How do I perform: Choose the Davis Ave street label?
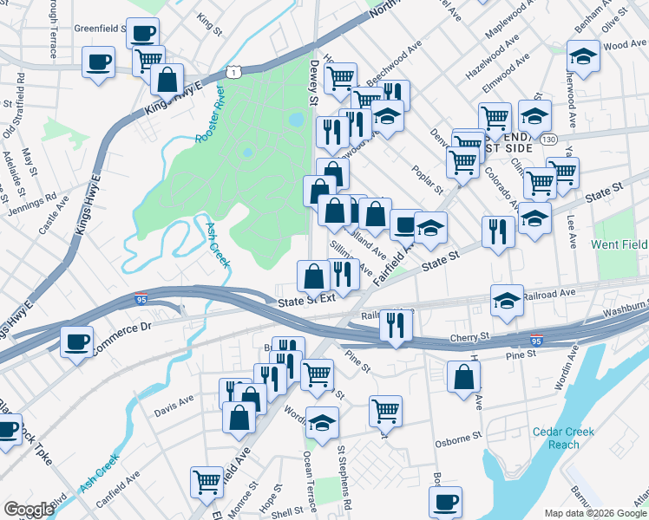tap(174, 402)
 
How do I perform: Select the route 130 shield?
tap(547, 139)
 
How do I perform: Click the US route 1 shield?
tap(234, 72)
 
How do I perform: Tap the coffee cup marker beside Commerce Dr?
tap(77, 340)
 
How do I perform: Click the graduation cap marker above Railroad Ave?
tap(507, 299)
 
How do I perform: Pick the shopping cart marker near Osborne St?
tap(385, 410)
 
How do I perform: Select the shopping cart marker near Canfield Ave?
tap(207, 480)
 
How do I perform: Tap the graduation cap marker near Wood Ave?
tap(583, 57)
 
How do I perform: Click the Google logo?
tap(29, 510)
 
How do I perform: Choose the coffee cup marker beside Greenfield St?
tap(142, 33)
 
